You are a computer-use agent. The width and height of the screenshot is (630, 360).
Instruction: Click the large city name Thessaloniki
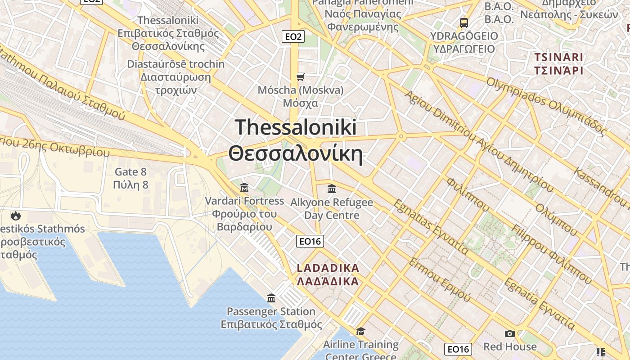point(296,127)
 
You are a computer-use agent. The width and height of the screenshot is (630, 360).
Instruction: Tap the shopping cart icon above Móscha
point(301,77)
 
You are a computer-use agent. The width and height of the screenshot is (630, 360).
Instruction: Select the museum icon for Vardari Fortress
point(244,187)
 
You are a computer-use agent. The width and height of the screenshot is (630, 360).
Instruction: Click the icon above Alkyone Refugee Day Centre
point(332,189)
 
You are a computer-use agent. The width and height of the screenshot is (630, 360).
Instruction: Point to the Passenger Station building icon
point(271,298)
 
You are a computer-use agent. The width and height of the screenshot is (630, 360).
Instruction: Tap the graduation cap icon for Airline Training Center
point(360,332)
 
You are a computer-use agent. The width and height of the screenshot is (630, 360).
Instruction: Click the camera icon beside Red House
point(509,333)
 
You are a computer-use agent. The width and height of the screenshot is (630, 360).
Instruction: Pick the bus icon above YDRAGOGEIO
point(463,22)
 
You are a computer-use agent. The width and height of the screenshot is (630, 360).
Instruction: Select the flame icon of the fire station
point(16,216)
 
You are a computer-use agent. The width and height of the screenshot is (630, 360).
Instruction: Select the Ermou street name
point(439,280)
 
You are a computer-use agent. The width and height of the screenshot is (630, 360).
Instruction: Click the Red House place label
point(510,346)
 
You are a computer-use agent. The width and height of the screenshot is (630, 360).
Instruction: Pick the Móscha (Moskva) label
point(301,90)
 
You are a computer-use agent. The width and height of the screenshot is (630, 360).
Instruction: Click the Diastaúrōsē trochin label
point(175,64)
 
